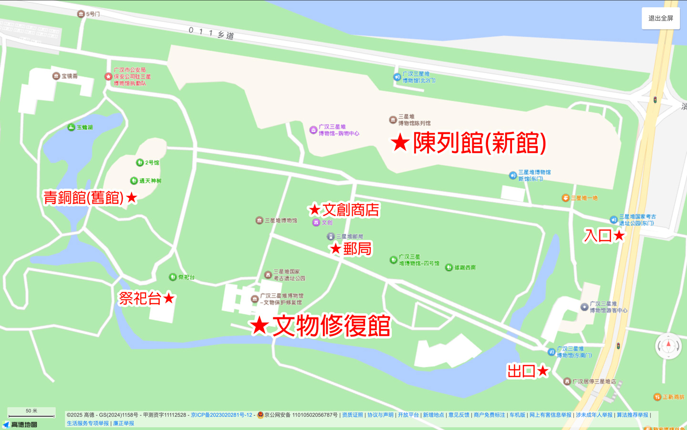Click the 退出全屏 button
coord(660,19)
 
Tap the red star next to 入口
coord(619,235)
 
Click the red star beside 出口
coord(543,371)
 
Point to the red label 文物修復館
coord(331,326)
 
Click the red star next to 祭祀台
coord(169,298)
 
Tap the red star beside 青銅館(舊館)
coord(132,197)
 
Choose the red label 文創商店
coord(351,210)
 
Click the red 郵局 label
coord(357,248)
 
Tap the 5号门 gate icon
coord(81,14)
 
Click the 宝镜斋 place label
coord(70,76)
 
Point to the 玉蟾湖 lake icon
coord(71,127)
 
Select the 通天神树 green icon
coord(134,181)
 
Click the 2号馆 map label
coord(152,162)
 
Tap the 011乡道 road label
coord(211,33)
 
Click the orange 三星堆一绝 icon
coord(565,198)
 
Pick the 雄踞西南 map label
coord(465,268)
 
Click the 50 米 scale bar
coord(31,414)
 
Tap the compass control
coord(668,346)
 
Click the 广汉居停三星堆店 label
coord(594,381)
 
